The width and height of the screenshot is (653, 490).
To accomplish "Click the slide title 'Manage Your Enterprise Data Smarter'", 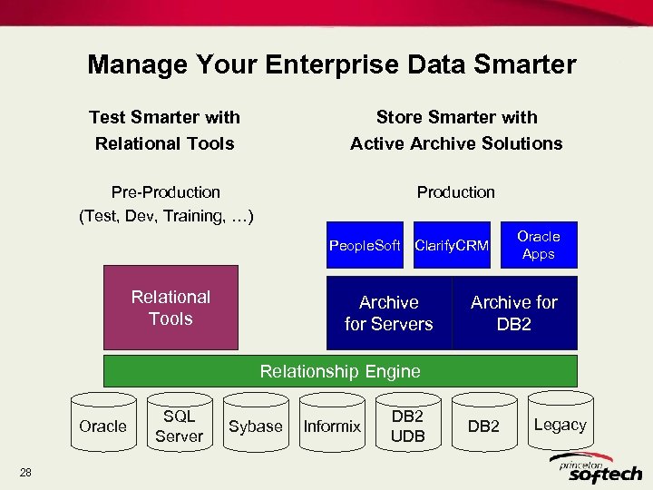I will click(331, 65).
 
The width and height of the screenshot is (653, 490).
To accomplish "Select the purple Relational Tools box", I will click(171, 308).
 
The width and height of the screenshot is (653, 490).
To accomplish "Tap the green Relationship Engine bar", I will click(340, 370).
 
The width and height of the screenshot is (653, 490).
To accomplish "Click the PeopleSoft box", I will click(365, 245).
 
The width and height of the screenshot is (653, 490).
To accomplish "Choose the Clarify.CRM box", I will click(452, 245).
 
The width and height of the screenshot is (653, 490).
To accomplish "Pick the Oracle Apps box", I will click(539, 245).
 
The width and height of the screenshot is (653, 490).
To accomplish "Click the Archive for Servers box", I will click(389, 313).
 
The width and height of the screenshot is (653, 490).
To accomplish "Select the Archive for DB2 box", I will click(514, 313).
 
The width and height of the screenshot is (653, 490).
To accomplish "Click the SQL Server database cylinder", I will click(179, 426).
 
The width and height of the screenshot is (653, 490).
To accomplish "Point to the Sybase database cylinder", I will click(255, 426).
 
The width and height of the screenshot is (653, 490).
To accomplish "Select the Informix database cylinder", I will click(332, 426).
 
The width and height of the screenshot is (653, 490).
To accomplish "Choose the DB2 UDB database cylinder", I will click(407, 426).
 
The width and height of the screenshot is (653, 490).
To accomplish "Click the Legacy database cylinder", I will click(560, 424).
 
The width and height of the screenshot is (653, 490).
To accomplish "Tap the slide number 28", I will click(25, 471).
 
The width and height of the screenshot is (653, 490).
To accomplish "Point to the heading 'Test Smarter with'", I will click(164, 117).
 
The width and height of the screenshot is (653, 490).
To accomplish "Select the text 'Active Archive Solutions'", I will click(456, 143).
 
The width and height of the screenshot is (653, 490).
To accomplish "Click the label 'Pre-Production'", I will click(165, 191).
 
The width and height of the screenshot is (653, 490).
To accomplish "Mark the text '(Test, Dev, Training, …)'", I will click(166, 216).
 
